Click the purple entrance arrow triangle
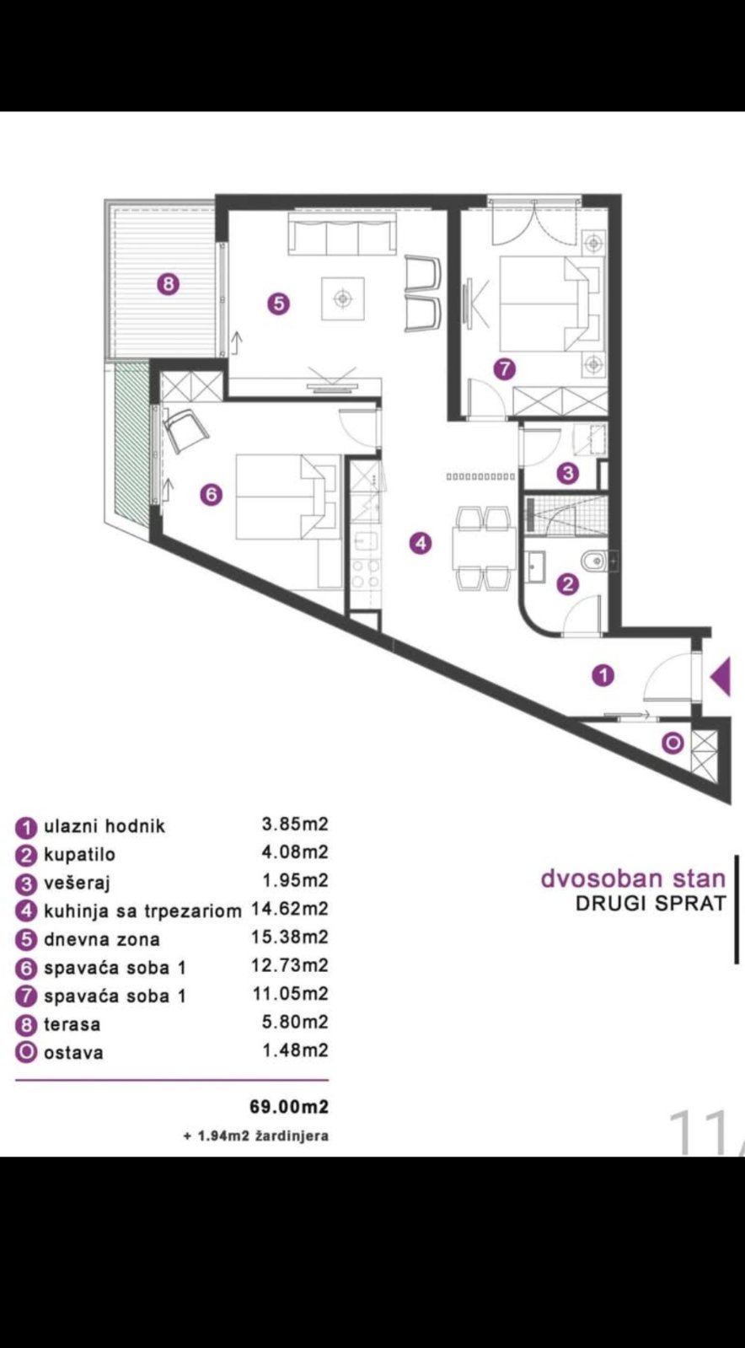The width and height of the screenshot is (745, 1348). pyautogui.click(x=723, y=676)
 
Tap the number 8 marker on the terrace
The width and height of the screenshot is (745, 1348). pyautogui.click(x=169, y=283)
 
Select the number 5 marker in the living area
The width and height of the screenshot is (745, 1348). pyautogui.click(x=278, y=303)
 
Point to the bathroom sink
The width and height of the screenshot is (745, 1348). pyautogui.click(x=534, y=567)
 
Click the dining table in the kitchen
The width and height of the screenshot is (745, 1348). pyautogui.click(x=485, y=548)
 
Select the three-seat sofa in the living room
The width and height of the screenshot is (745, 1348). pyautogui.click(x=343, y=234)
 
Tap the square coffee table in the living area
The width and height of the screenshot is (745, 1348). pyautogui.click(x=343, y=298)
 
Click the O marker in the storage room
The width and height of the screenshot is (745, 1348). pyautogui.click(x=673, y=744)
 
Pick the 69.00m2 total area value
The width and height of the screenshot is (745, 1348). pyautogui.click(x=289, y=1107)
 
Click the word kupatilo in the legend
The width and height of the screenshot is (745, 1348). pyautogui.click(x=79, y=855)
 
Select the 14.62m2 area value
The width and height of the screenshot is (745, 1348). pyautogui.click(x=290, y=909)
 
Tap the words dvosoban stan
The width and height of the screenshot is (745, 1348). pyautogui.click(x=633, y=879)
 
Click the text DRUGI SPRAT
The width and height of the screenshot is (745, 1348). pyautogui.click(x=651, y=903)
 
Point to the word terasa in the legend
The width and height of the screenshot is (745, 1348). pyautogui.click(x=72, y=1024)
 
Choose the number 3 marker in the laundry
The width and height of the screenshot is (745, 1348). pyautogui.click(x=567, y=473)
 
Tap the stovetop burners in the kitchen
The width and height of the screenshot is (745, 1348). pyautogui.click(x=365, y=573)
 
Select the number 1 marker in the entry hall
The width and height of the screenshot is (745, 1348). pyautogui.click(x=603, y=676)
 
